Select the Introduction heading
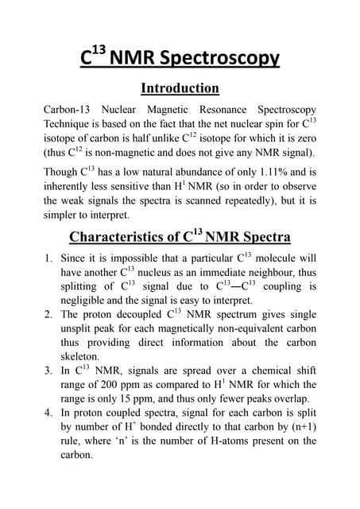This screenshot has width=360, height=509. tap(180, 87)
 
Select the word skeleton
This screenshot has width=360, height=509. tap(82, 357)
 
